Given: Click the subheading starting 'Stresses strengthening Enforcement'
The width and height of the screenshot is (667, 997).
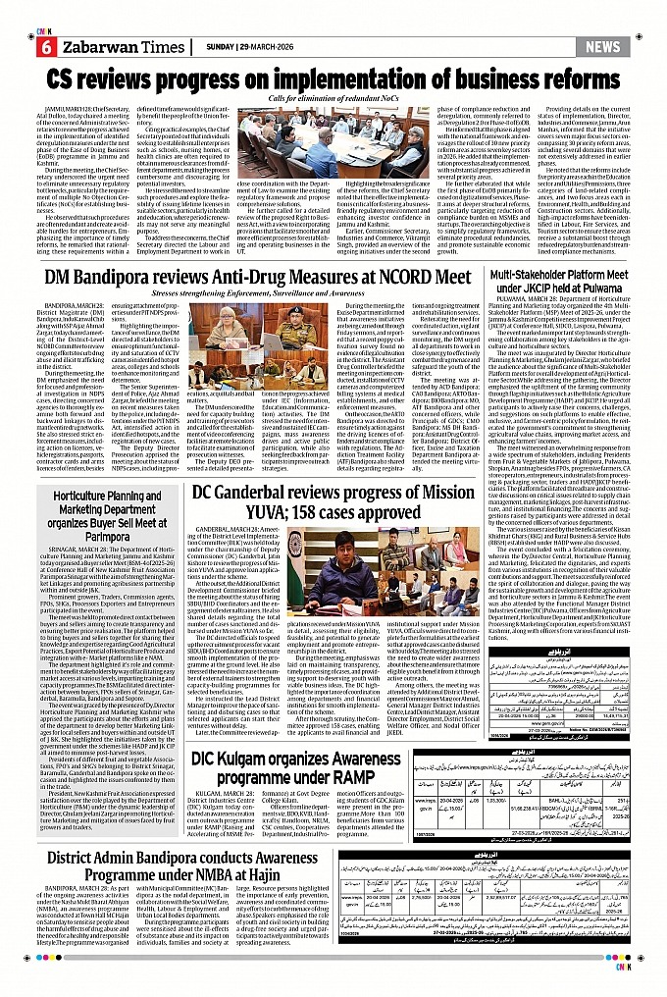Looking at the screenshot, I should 261,295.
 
